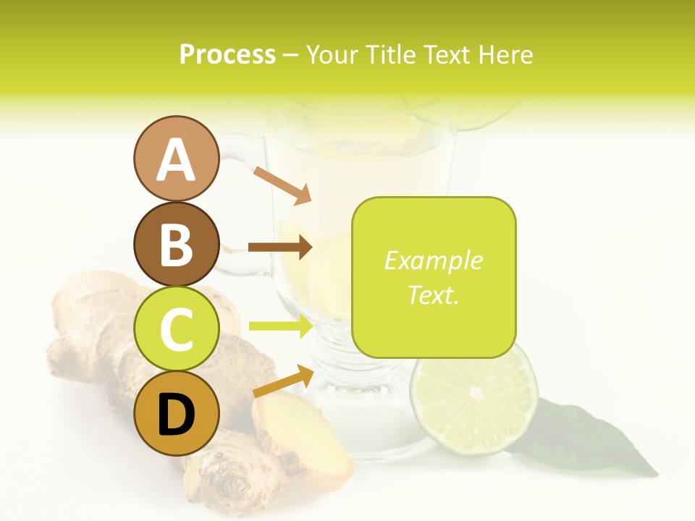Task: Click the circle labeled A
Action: pos(176,159)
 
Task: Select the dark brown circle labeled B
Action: pos(176,244)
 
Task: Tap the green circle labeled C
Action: pos(176,329)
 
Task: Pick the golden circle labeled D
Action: pos(176,413)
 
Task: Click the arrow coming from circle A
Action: pos(282,185)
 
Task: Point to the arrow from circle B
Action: pos(280,247)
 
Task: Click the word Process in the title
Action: pos(227,54)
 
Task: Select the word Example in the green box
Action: pos(433,260)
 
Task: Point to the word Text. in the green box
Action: pos(433,295)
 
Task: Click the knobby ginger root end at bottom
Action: pos(224,478)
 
